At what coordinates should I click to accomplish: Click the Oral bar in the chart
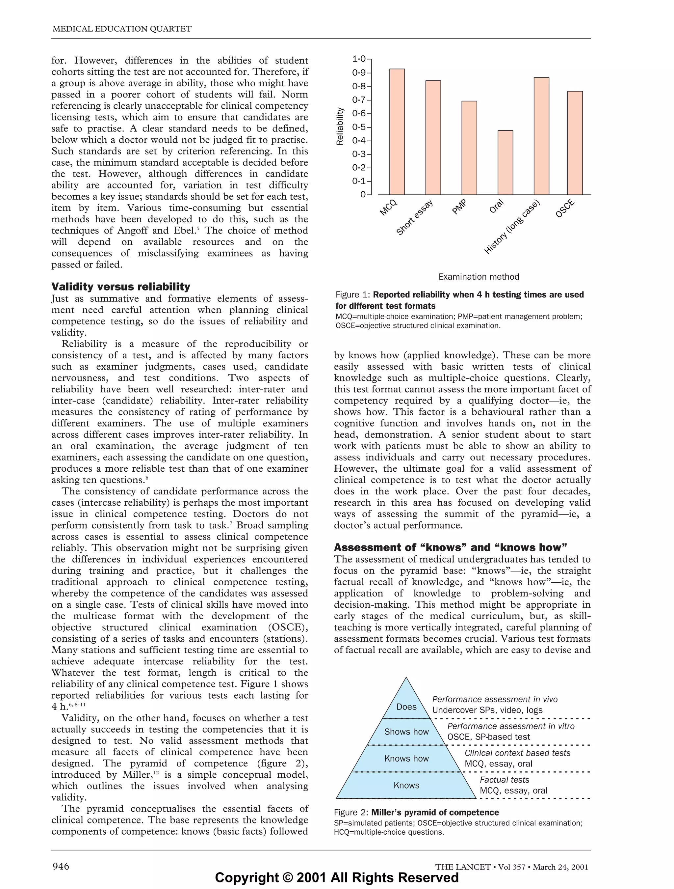click(x=505, y=162)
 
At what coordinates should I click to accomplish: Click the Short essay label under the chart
click(x=415, y=217)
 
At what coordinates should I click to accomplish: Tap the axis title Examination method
click(x=479, y=276)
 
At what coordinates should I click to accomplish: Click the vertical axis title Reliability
click(x=340, y=126)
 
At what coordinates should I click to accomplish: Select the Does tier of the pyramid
click(x=406, y=707)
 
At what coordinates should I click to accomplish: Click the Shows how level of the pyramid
click(x=406, y=732)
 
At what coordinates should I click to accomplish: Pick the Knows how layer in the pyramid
click(x=406, y=758)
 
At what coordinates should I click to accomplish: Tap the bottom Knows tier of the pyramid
click(x=406, y=785)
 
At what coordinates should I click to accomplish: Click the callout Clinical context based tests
click(x=517, y=753)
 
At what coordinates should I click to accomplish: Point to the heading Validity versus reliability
click(x=120, y=287)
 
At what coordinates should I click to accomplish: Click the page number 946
click(x=61, y=866)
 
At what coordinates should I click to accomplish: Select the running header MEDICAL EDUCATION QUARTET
click(x=122, y=29)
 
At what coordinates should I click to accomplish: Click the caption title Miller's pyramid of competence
click(x=435, y=812)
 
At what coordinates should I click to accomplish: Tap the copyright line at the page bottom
click(x=337, y=877)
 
